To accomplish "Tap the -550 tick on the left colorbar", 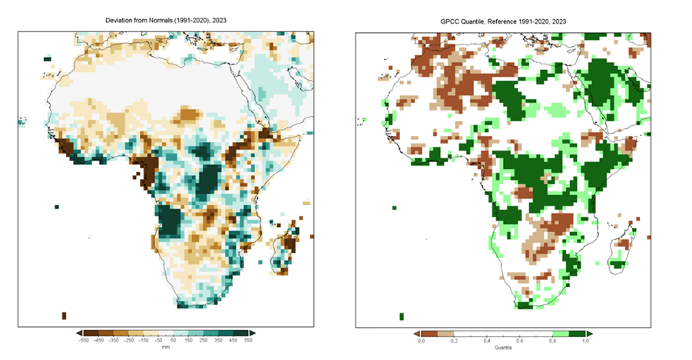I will click(x=85, y=340).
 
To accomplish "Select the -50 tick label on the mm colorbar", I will click(x=158, y=340).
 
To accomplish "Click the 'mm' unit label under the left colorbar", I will click(x=165, y=347).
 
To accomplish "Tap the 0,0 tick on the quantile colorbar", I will click(x=421, y=340).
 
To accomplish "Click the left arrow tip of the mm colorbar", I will click(x=78, y=333).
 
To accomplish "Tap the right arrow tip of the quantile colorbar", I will click(x=594, y=333).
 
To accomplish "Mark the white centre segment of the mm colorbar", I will click(x=165, y=333).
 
